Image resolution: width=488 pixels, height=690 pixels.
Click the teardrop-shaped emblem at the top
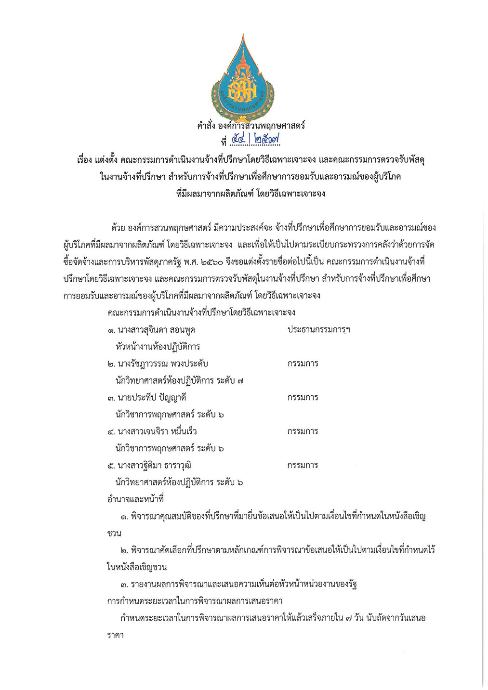coord(243,77)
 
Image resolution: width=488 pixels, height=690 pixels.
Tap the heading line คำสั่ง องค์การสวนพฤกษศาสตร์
coord(251,126)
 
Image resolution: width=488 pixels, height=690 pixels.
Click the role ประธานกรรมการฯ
coord(318,330)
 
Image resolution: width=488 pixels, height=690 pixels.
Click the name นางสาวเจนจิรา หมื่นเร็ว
coord(157,431)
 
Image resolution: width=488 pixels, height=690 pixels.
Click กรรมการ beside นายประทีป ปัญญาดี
coord(303,398)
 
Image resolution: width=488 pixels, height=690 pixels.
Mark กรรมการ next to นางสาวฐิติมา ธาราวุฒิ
coord(303,466)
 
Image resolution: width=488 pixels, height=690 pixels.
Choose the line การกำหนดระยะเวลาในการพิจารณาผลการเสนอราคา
coord(195,601)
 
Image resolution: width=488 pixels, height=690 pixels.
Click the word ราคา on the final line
coord(115,635)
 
